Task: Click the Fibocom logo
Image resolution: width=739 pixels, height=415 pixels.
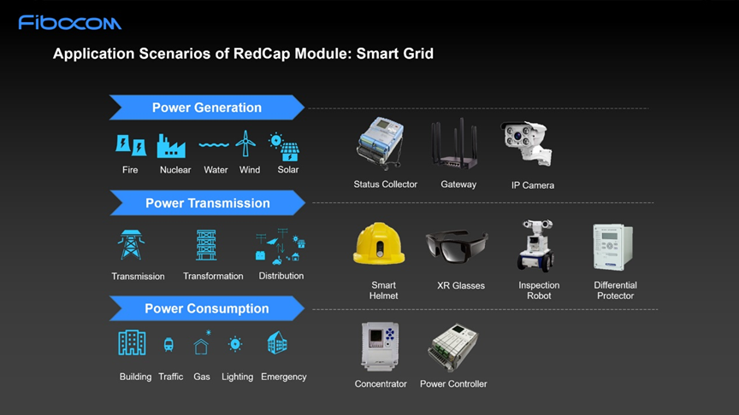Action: [70, 22]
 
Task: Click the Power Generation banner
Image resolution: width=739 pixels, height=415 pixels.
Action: [207, 108]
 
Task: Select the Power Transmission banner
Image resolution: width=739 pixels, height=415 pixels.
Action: [207, 202]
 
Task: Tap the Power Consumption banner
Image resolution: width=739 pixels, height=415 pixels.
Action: [207, 308]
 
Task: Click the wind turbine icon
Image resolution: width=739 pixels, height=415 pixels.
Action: [245, 143]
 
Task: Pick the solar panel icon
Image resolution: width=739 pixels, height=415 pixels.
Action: [284, 147]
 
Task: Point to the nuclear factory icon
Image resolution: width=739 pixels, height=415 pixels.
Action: [170, 146]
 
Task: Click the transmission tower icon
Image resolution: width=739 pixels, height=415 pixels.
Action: [131, 245]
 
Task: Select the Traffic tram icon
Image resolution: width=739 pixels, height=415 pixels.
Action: [168, 344]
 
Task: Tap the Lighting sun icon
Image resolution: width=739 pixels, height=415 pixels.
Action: [235, 344]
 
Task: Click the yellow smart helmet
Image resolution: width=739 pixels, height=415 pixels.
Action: [379, 243]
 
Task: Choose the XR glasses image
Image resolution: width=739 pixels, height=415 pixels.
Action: [456, 245]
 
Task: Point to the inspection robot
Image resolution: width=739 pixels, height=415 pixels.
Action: [536, 246]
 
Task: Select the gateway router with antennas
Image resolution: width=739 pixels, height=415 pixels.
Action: [454, 143]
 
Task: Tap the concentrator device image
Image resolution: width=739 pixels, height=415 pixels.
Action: [380, 347]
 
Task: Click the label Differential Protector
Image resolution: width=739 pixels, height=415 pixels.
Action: [615, 290]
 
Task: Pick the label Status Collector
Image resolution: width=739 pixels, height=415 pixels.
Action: [386, 184]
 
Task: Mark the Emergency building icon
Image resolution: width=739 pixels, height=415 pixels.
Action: [277, 342]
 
